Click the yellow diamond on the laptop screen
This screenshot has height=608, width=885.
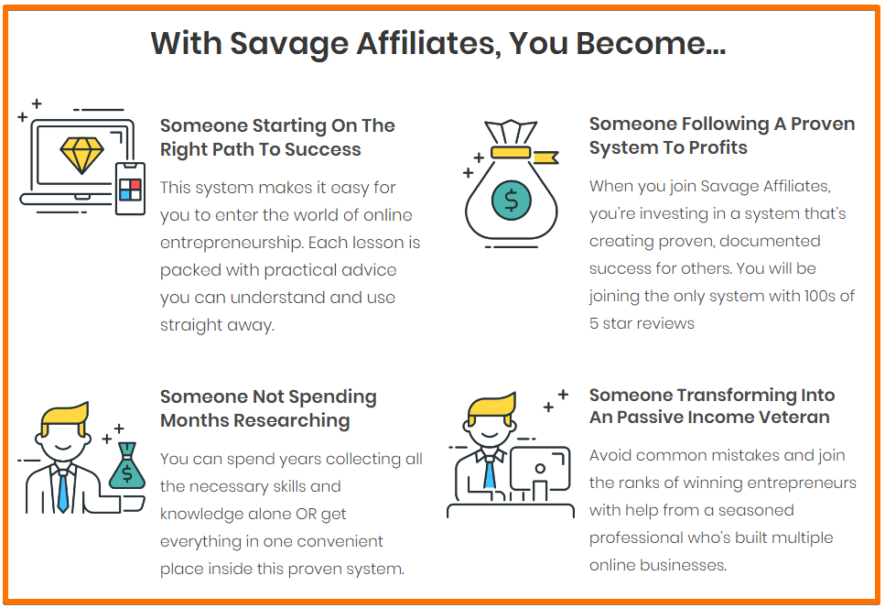[x=81, y=155]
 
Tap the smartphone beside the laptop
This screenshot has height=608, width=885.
[x=130, y=189]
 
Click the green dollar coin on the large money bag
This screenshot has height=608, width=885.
[x=512, y=200]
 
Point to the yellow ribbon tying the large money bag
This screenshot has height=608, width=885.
[x=523, y=154]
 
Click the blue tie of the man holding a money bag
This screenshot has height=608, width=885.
[x=62, y=491]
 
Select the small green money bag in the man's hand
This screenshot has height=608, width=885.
[x=127, y=466]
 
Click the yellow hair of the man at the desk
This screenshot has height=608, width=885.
[x=491, y=408]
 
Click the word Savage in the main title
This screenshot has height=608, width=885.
[x=289, y=43]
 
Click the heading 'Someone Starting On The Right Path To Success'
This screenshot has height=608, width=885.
[x=277, y=137]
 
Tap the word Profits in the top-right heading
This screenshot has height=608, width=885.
[x=718, y=147]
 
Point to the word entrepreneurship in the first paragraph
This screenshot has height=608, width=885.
[x=232, y=244]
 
